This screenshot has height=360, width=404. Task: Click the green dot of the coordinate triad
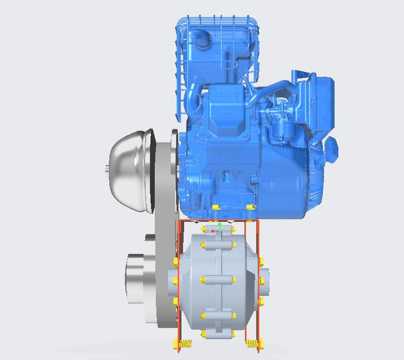point(220,224)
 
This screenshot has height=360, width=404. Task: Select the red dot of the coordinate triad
point(213,231)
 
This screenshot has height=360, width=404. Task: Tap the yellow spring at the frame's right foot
point(252,343)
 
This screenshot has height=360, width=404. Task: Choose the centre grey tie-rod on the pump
point(217,280)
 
